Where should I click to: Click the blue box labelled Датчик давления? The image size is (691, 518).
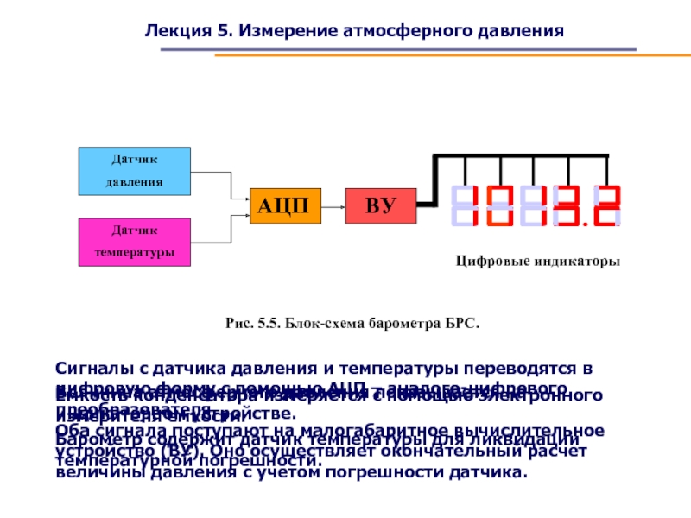coord(135,170)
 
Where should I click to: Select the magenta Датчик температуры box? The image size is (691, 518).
coord(135,242)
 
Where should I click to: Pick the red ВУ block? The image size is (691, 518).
coord(380,205)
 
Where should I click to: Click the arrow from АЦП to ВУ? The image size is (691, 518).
coord(333,205)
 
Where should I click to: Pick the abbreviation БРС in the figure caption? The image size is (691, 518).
coord(460,324)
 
